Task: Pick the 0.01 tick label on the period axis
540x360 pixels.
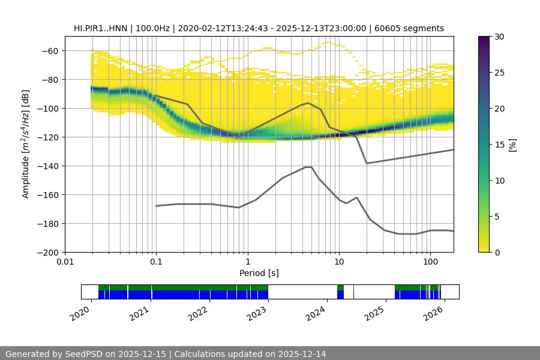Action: click(65, 262)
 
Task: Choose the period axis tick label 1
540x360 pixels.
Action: click(247, 262)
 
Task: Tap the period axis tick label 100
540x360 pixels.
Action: click(430, 262)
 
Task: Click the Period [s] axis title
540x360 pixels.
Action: click(259, 273)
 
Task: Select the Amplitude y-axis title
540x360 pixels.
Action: click(25, 144)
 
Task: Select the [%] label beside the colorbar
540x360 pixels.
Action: click(512, 144)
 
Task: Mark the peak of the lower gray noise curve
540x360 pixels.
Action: click(308, 167)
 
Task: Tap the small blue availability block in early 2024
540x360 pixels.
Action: click(341, 295)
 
